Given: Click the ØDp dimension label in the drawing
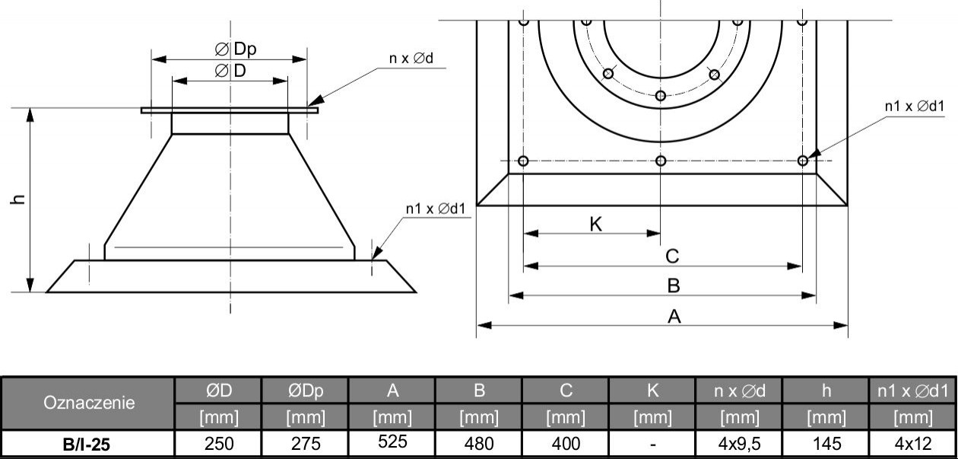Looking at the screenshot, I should [236, 49].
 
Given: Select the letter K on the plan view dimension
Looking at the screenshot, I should [596, 224].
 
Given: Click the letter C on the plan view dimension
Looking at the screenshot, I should [672, 255].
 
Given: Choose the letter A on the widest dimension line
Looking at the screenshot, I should [674, 317].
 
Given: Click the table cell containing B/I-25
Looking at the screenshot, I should [88, 443].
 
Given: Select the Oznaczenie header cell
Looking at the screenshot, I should [88, 403].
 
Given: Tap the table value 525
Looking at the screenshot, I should [392, 441].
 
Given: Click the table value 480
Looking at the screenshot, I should [479, 443].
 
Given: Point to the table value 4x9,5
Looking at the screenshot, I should [738, 443].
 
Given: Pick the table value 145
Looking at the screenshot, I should [825, 443].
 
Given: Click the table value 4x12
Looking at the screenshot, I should [912, 443].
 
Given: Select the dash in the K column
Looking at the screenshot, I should [652, 443].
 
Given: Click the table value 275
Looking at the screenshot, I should [306, 443].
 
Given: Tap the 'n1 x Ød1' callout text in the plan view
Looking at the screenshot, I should [914, 107].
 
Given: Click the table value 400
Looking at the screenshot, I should [565, 443].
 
